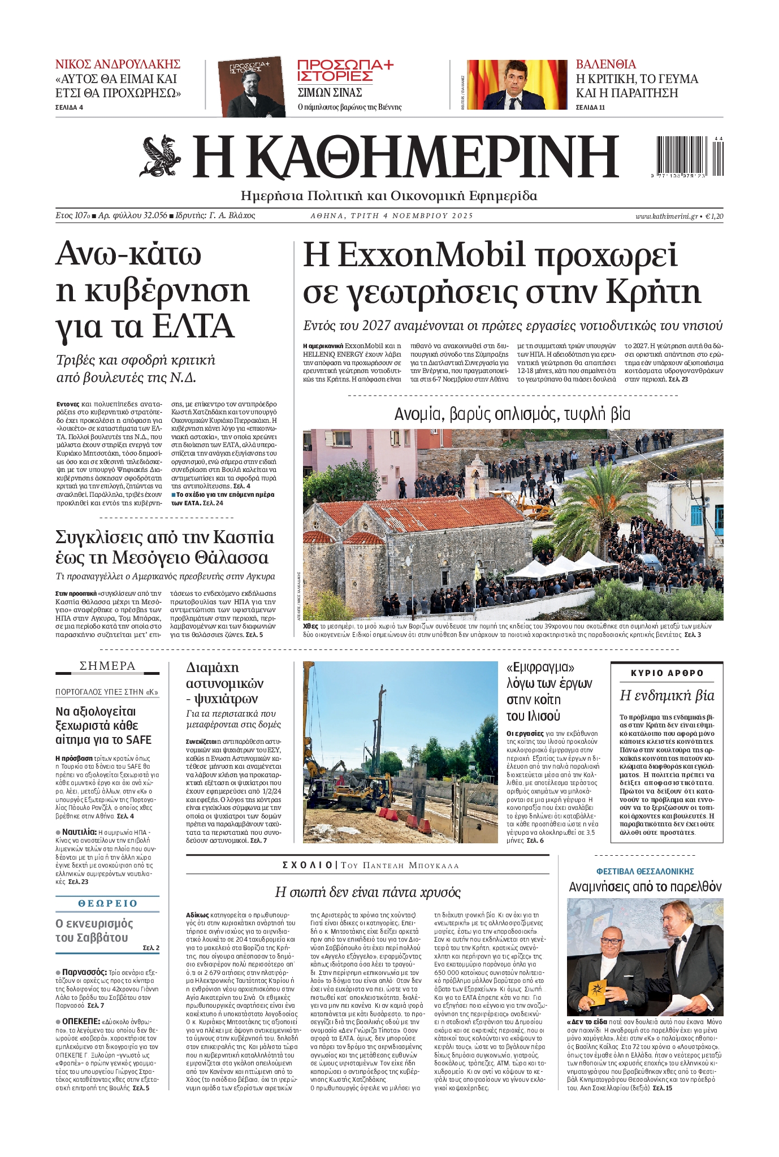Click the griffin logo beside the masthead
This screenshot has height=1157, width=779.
click(x=161, y=156)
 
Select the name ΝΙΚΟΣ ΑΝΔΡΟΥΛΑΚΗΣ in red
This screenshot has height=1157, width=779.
click(x=118, y=63)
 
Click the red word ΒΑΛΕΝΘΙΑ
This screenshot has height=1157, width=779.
click(x=605, y=64)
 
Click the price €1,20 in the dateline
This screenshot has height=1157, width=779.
click(x=715, y=216)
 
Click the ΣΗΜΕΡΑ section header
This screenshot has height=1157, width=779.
click(x=107, y=666)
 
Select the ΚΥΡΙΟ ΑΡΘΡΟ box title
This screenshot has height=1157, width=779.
click(x=667, y=673)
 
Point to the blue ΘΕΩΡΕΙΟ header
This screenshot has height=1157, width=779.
click(x=107, y=903)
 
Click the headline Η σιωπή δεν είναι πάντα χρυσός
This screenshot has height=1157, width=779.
click(x=367, y=892)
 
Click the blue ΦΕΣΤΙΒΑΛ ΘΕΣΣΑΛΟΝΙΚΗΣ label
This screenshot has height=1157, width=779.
click(x=644, y=872)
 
